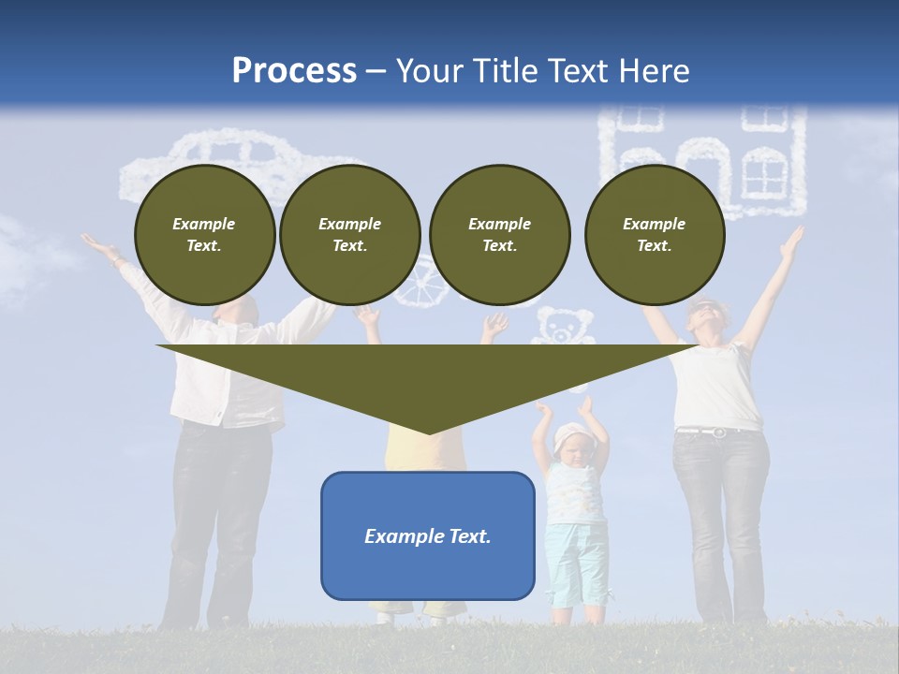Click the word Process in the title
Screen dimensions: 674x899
pyautogui.click(x=294, y=71)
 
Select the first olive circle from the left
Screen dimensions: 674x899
pyautogui.click(x=204, y=235)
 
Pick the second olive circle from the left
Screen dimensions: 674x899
pyautogui.click(x=349, y=235)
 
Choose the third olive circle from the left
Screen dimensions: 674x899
pyautogui.click(x=499, y=235)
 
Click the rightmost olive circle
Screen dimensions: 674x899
pyautogui.click(x=654, y=235)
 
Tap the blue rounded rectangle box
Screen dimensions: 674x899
pyautogui.click(x=428, y=535)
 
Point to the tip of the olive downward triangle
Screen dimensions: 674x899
pyautogui.click(x=428, y=432)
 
